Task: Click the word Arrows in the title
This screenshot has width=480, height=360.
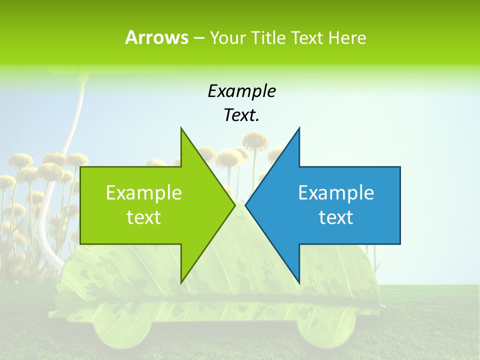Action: pyautogui.click(x=156, y=37)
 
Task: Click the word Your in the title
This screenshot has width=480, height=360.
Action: pyautogui.click(x=227, y=37)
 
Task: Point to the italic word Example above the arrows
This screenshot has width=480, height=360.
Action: pyautogui.click(x=241, y=91)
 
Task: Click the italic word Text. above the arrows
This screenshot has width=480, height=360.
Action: pyautogui.click(x=241, y=115)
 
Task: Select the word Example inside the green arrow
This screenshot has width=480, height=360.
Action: pyautogui.click(x=144, y=192)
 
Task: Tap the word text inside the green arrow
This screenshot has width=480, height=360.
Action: pyautogui.click(x=144, y=217)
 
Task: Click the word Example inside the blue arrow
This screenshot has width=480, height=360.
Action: pyautogui.click(x=336, y=192)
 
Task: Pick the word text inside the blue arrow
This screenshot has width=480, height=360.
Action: pyautogui.click(x=336, y=217)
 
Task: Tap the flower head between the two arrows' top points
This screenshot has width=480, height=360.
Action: pyautogui.click(x=255, y=140)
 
